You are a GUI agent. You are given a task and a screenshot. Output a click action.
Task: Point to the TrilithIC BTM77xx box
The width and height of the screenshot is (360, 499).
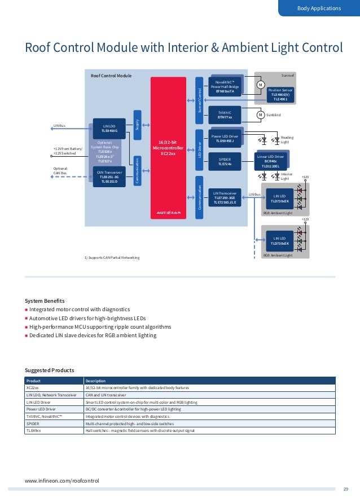tap(225, 114)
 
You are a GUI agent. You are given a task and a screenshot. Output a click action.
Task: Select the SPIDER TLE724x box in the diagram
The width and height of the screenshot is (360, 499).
tap(225, 162)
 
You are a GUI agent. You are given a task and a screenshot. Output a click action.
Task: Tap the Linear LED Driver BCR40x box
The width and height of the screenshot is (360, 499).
tap(271, 161)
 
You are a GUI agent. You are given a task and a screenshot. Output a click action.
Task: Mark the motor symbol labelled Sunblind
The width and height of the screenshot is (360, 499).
tap(260, 114)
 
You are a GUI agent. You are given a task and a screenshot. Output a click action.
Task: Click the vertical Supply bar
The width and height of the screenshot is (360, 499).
tap(137, 122)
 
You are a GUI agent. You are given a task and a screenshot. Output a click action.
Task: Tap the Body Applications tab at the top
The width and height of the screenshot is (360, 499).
tap(319, 8)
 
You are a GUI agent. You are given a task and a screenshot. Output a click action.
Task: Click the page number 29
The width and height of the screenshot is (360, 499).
tap(346, 488)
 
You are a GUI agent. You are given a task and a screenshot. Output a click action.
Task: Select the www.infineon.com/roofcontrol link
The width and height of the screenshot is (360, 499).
tap(62, 480)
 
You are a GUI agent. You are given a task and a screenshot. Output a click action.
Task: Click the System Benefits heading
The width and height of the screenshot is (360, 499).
tap(45, 300)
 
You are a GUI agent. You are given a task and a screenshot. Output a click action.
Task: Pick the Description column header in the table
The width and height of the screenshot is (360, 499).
tap(95, 381)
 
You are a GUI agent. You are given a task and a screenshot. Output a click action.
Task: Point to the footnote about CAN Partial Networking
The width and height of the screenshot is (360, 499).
tap(112, 257)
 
